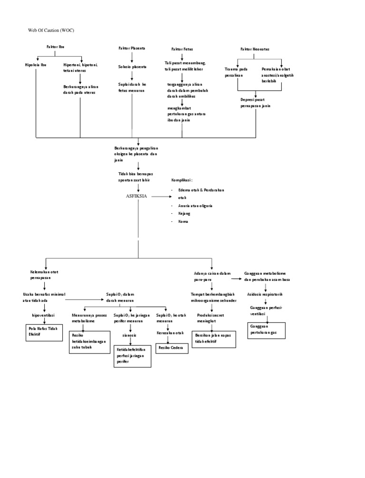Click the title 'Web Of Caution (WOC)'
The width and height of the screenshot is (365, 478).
[x=52, y=30]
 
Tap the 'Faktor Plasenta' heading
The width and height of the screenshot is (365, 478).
[x=132, y=48]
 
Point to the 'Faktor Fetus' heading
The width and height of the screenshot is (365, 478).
[x=182, y=49]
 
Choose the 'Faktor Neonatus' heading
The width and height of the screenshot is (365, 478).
[x=255, y=49]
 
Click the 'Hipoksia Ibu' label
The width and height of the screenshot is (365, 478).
[x=36, y=65]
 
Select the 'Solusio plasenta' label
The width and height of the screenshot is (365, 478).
[x=132, y=67]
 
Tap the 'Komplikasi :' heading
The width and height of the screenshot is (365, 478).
[x=182, y=181]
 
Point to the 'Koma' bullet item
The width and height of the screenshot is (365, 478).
[x=183, y=221]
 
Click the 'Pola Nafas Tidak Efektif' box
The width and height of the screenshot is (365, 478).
[x=43, y=332]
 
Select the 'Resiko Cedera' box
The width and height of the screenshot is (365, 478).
[x=171, y=348]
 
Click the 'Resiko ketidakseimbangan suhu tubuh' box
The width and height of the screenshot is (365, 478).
[x=89, y=342]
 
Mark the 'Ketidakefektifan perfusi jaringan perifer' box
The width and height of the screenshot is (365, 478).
[x=132, y=356]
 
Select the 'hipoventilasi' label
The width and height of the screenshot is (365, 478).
[x=43, y=315]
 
